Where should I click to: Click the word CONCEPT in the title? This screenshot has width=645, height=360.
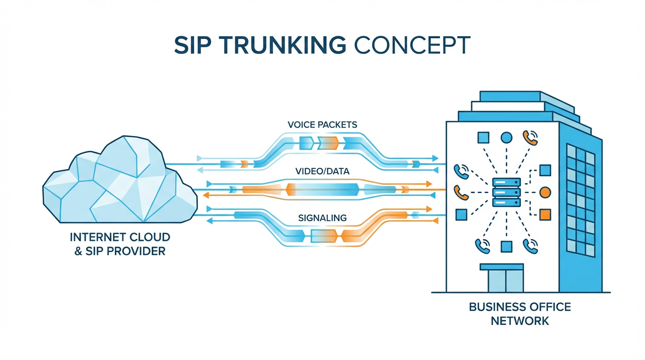coord(411,45)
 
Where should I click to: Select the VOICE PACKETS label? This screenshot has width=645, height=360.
coord(322,125)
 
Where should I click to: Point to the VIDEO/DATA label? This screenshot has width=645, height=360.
coord(322,172)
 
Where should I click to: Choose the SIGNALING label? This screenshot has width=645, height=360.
coord(322,217)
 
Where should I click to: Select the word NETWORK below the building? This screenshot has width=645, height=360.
coord(520,322)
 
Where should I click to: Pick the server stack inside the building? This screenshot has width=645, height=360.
coord(506,192)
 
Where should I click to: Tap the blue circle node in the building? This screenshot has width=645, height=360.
coord(506,137)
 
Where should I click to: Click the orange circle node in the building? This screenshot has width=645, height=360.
coord(545,192)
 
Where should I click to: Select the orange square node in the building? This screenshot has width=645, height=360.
coord(545,215)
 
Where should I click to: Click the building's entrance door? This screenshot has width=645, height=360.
coord(501,280)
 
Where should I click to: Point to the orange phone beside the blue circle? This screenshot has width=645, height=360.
coord(530,137)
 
